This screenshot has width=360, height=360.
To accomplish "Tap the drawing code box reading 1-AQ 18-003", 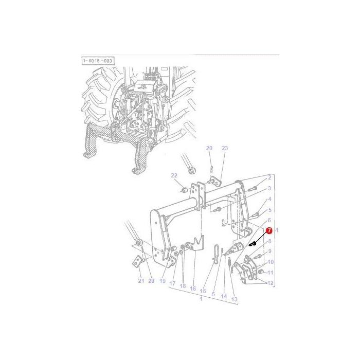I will pos(98,61).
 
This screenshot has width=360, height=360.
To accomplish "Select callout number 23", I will pos(224,149).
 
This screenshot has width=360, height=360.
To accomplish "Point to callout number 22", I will pos(174,175).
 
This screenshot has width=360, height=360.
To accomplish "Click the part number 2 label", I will pos(269,178).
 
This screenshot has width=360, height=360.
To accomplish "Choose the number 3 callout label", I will pos(269,189).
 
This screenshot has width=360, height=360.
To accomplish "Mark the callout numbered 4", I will pos(269,199).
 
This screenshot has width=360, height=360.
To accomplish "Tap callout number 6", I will pos(269,220).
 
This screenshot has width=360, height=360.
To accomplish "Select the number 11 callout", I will pos(271,273).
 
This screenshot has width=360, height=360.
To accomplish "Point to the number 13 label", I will pos(234,299).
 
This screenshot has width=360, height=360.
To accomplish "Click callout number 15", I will pos(203,291).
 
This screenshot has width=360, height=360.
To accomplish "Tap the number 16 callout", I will pos(193,289).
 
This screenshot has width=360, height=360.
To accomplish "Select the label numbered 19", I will pos(162,281).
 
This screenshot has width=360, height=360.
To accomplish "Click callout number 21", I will pos(141,281).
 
